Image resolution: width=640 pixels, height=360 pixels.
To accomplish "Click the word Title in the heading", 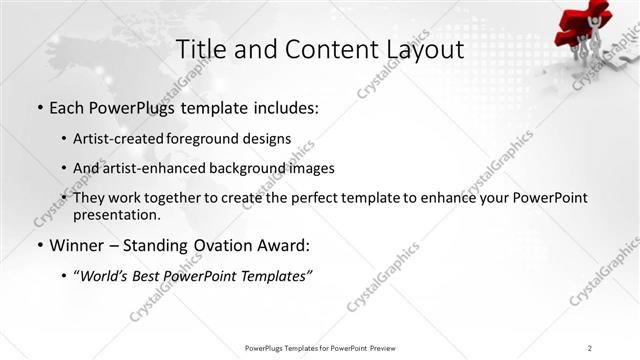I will tap(200, 49).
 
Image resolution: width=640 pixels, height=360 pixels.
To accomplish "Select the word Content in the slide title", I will tap(316, 49).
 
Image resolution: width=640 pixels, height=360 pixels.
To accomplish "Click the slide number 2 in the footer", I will tap(590, 347).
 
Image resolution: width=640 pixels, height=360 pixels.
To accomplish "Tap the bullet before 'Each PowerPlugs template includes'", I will tap(38, 107).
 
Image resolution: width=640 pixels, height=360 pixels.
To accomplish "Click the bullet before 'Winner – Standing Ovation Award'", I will tap(38, 245).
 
